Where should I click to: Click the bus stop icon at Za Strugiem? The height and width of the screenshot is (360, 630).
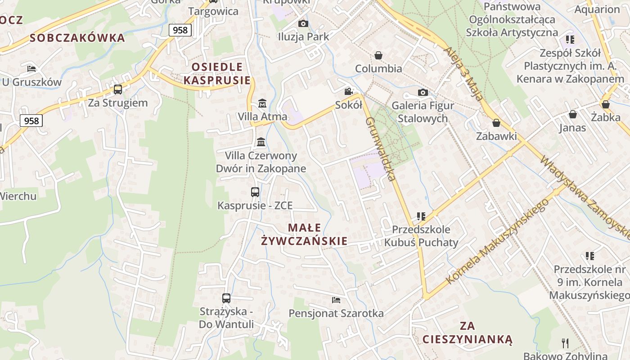(118, 89)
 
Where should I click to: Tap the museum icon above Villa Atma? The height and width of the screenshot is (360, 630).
(262, 103)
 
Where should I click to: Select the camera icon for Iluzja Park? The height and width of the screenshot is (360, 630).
(303, 23)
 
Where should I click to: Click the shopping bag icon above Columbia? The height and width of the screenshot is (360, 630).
(378, 55)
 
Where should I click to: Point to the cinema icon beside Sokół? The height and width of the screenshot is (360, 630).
(348, 92)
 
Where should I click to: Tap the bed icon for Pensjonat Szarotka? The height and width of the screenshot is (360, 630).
(336, 300)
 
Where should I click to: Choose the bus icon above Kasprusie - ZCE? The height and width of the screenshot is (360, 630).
(255, 192)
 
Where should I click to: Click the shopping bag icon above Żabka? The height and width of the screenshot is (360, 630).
(606, 104)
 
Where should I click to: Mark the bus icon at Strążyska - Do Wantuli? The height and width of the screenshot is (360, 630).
(226, 298)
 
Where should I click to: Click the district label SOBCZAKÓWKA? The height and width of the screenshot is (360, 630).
(77, 38)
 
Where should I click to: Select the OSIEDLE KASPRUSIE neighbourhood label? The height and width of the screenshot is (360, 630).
(217, 74)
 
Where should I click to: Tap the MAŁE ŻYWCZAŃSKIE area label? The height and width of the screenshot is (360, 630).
(305, 234)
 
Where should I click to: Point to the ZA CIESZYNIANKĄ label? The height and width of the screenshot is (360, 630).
(468, 332)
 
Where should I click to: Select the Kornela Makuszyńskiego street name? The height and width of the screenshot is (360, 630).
(497, 241)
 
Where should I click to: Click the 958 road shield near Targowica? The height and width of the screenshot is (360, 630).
(180, 30)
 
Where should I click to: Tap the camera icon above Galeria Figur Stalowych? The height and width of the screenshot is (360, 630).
(423, 92)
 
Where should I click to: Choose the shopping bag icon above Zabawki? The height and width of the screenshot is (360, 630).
(496, 123)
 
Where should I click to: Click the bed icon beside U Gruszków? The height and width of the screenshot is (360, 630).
(31, 68)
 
